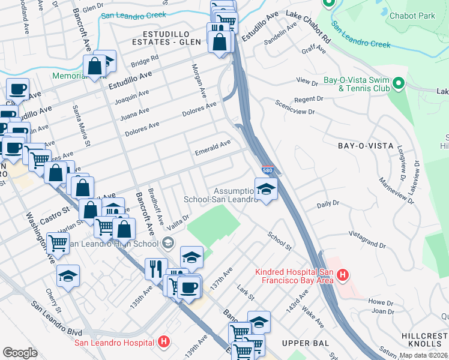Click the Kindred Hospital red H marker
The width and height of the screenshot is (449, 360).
[x=343, y=276]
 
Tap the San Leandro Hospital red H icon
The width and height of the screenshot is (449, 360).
[x=164, y=343]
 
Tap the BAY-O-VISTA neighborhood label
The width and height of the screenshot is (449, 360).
[x=366, y=146]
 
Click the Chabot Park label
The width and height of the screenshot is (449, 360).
[x=412, y=15]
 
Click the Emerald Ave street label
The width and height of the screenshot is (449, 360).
[x=212, y=148]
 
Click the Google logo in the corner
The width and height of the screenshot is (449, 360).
[x=20, y=352]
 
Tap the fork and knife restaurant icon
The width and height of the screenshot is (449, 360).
[x=156, y=268]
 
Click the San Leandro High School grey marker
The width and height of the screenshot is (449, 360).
[x=168, y=243]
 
